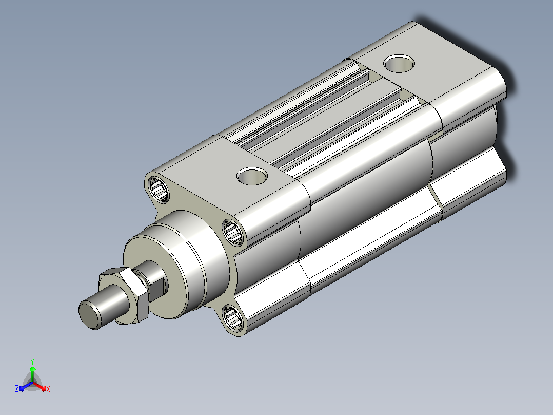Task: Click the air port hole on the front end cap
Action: point(252,176)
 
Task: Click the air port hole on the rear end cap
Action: point(399,64)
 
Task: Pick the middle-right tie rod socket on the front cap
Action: point(233,232)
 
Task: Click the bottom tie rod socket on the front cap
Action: point(233,318)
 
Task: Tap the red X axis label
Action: point(48,389)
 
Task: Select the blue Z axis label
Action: point(16,388)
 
